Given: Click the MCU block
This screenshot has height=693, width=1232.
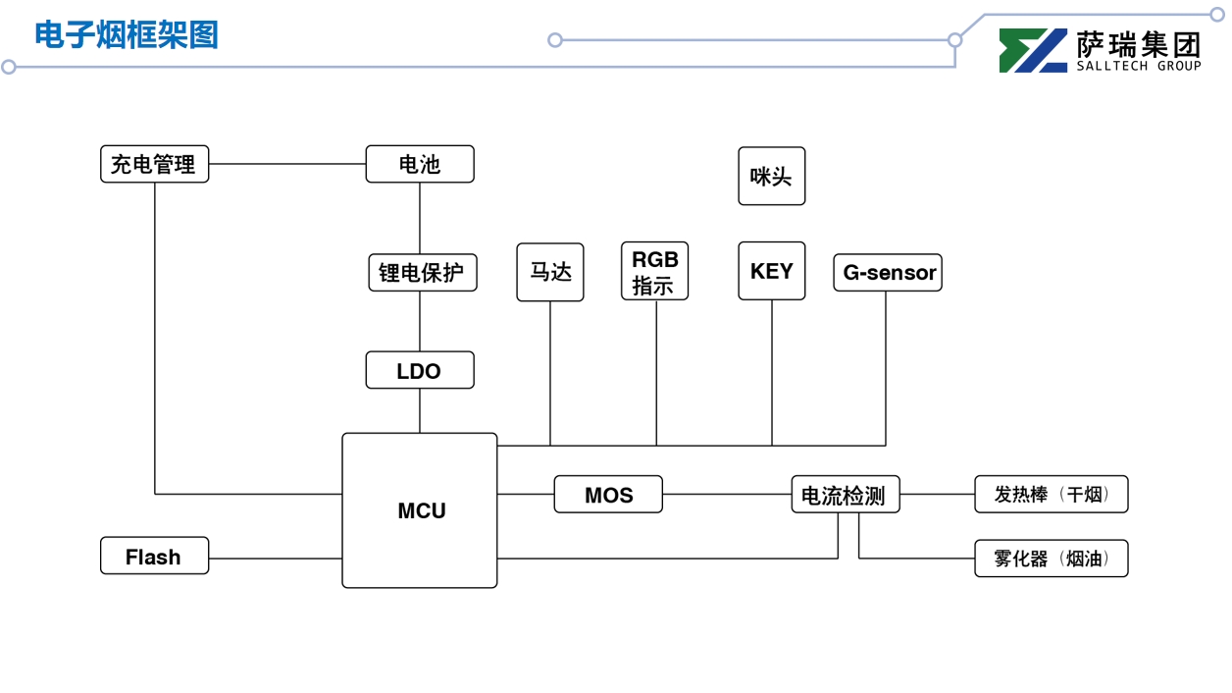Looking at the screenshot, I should pyautogui.click(x=420, y=510).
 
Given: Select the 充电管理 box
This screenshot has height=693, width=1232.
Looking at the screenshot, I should pyautogui.click(x=155, y=164).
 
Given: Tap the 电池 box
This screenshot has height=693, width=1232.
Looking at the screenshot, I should pyautogui.click(x=420, y=164).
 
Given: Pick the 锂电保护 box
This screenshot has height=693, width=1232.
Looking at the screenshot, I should pyautogui.click(x=422, y=273).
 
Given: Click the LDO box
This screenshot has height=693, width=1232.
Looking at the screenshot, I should pyautogui.click(x=420, y=371).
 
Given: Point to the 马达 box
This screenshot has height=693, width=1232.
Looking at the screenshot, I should pyautogui.click(x=550, y=272).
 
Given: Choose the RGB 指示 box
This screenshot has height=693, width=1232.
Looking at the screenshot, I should pyautogui.click(x=654, y=271).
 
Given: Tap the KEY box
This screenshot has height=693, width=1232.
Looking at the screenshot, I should pyautogui.click(x=772, y=271).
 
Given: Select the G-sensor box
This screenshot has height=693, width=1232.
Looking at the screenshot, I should pyautogui.click(x=888, y=273).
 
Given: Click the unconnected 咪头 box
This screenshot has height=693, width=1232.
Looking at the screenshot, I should pyautogui.click(x=772, y=177).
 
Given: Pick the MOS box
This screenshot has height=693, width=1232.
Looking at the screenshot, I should pyautogui.click(x=608, y=495).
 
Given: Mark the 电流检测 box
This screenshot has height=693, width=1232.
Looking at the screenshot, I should pyautogui.click(x=845, y=495).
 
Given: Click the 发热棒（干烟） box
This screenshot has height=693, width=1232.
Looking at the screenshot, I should pyautogui.click(x=1051, y=495).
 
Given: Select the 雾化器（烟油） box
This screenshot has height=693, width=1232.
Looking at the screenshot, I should pyautogui.click(x=1051, y=559).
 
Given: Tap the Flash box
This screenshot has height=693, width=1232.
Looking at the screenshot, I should pyautogui.click(x=155, y=557).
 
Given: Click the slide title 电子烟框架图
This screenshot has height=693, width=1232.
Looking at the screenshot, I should pyautogui.click(x=127, y=35).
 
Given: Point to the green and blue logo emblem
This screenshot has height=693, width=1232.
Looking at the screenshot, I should pyautogui.click(x=1033, y=51).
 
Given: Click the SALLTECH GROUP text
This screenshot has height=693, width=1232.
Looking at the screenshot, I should pyautogui.click(x=1138, y=67).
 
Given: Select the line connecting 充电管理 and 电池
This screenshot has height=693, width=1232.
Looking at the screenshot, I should pyautogui.click(x=287, y=164).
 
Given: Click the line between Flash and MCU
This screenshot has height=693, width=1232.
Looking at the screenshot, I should pyautogui.click(x=275, y=559).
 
